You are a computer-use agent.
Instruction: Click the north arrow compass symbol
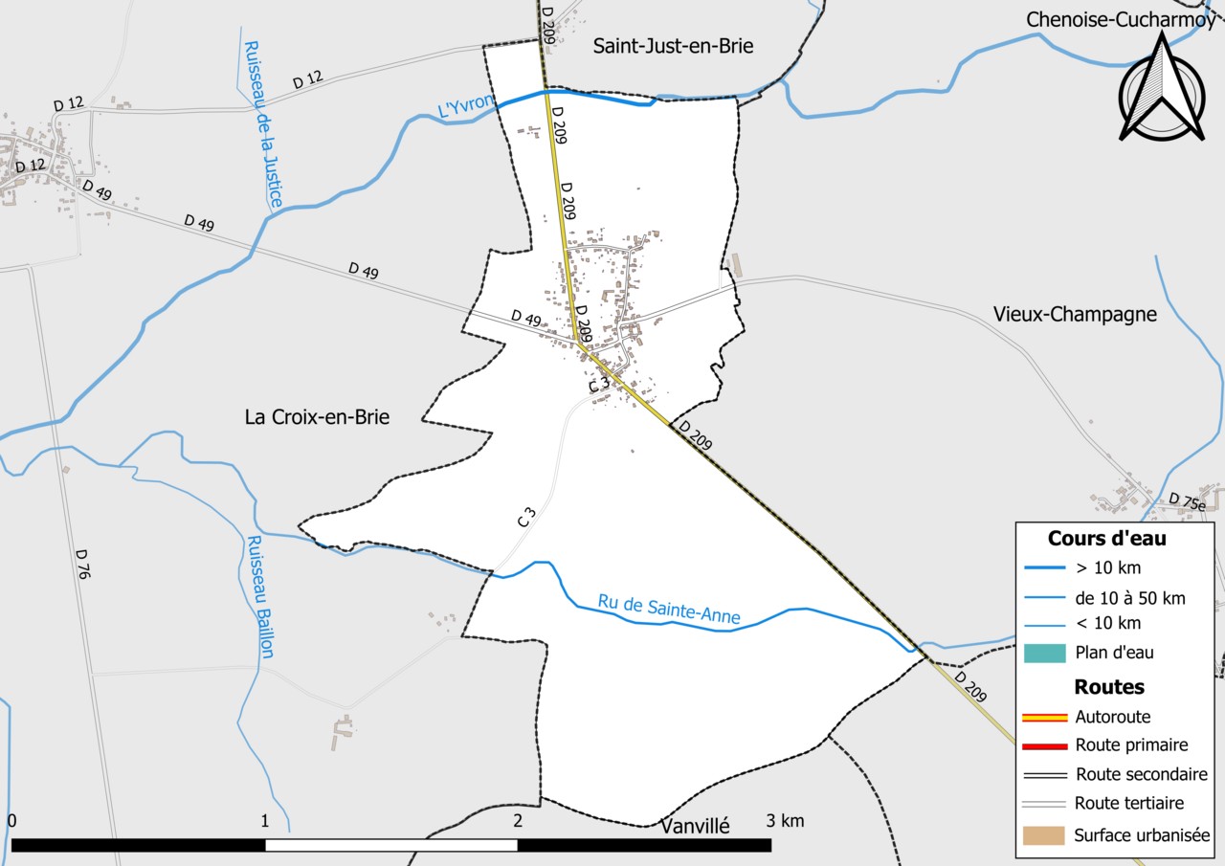click(x=1161, y=91)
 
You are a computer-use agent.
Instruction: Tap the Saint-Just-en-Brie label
click(x=673, y=45)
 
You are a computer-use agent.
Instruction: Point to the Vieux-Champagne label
click(x=1075, y=314)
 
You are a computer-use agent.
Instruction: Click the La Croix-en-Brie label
click(x=317, y=417)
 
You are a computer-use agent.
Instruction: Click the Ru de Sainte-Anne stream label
click(x=669, y=610)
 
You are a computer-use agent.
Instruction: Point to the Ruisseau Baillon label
click(x=260, y=595)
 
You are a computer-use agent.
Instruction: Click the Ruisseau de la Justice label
click(x=264, y=124)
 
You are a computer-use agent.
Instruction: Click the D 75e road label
click(x=1188, y=500)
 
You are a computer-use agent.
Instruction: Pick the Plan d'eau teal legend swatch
click(x=1044, y=654)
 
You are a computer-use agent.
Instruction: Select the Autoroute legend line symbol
click(x=1044, y=717)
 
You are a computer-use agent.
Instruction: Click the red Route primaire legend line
click(x=1044, y=745)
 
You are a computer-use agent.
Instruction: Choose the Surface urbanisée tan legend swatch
click(x=1044, y=835)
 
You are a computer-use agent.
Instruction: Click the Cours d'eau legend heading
click(x=1106, y=538)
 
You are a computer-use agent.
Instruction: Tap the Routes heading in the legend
click(x=1109, y=686)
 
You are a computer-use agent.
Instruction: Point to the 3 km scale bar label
click(x=785, y=821)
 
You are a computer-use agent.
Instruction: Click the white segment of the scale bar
click(x=391, y=845)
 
